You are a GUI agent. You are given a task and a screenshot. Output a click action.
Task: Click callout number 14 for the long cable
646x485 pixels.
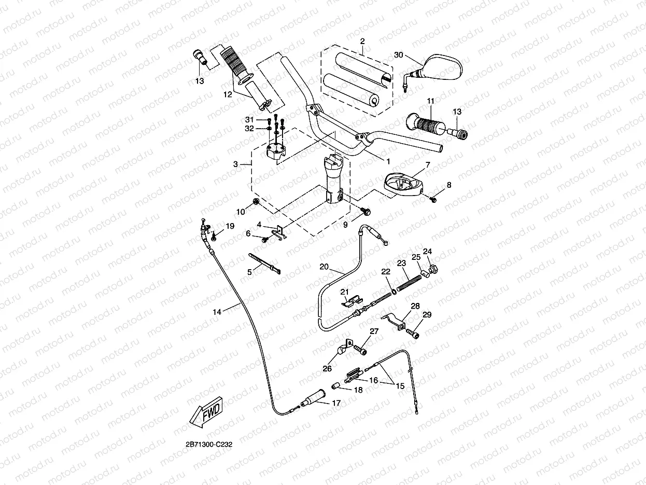point(217,312)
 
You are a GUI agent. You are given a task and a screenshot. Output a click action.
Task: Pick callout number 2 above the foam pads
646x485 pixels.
point(362,41)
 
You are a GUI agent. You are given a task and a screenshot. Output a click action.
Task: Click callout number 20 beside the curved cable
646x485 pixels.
point(324,267)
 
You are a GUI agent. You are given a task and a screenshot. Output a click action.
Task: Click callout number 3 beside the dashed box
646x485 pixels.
point(235,164)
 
